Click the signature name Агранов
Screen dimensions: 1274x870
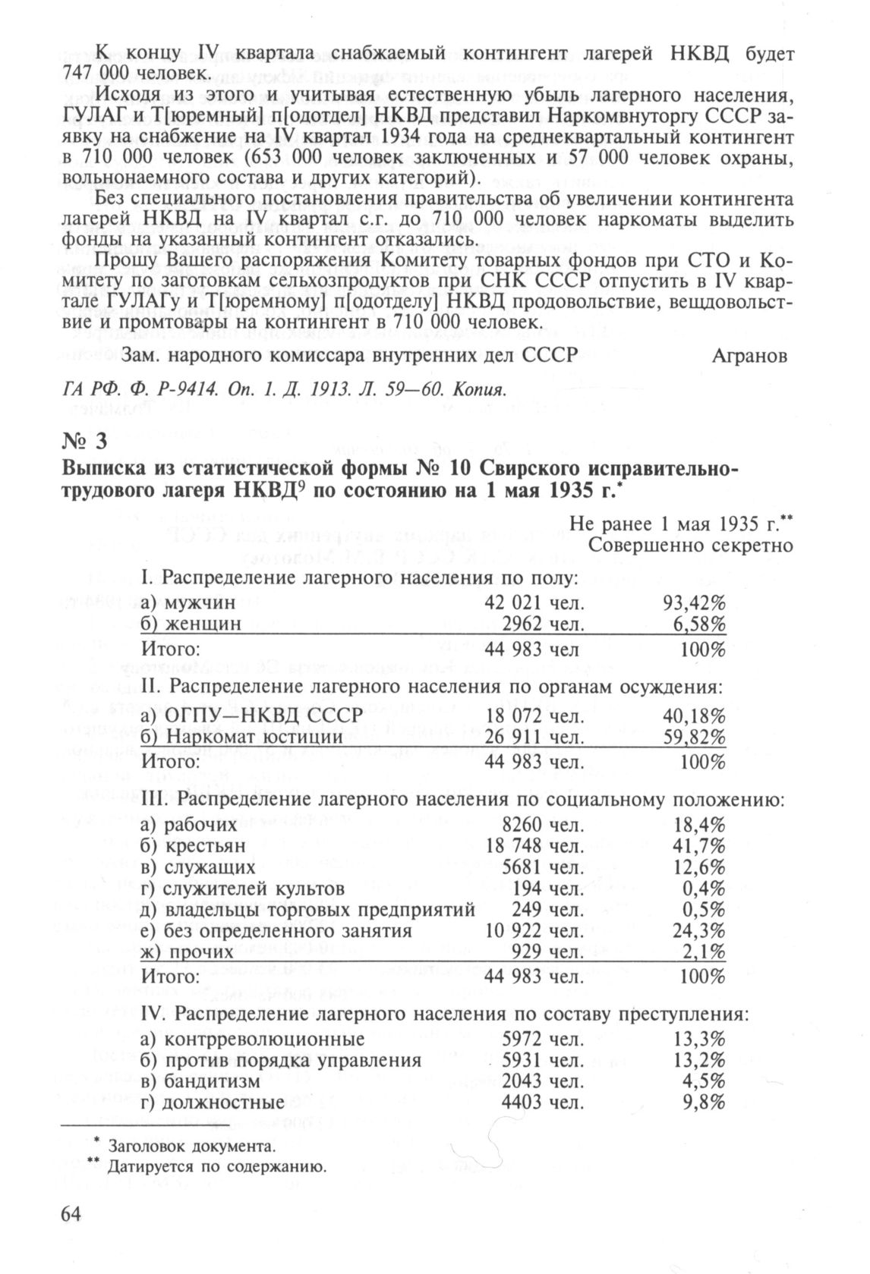[x=749, y=356]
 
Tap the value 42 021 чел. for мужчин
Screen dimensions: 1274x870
[x=534, y=603]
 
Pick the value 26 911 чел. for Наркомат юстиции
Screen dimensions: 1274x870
[x=534, y=737]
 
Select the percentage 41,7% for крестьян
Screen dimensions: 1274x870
[x=699, y=846]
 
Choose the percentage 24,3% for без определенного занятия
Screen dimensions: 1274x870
[x=699, y=931]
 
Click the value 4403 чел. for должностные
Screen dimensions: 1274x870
[x=544, y=1103]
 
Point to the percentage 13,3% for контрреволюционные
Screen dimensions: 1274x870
[x=699, y=1039]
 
